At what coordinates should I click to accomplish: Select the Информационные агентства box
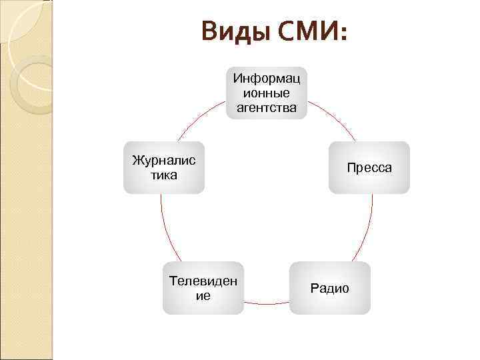point(267,93)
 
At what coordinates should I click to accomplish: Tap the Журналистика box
point(164,167)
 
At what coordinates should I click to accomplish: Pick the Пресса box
point(369,167)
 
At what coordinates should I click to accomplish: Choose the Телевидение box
point(203,288)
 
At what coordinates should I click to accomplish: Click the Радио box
point(329,288)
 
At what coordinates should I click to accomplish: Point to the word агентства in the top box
point(267,107)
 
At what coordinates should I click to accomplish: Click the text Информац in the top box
point(267,79)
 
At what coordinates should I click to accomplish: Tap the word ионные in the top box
point(267,93)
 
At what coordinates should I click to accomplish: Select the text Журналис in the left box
point(164,161)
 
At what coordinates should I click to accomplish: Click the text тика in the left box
point(164,175)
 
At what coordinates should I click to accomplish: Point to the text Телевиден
point(203,281)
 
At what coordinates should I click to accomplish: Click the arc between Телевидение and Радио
point(267,304)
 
